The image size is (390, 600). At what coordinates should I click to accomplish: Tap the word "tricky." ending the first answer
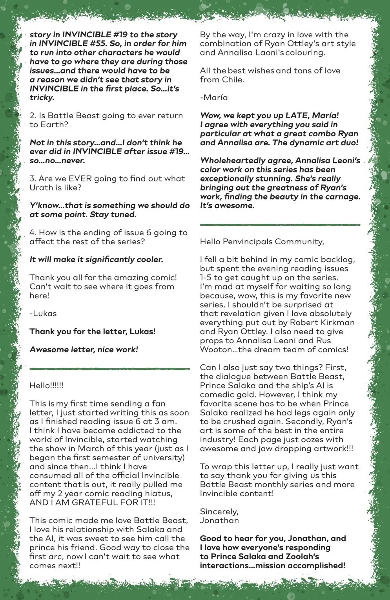42,98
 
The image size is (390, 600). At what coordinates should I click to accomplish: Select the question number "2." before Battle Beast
33,116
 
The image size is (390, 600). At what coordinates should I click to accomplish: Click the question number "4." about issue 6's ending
33,233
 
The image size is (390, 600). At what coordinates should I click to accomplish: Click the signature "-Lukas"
43,314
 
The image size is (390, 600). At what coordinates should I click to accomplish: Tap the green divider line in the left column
109,369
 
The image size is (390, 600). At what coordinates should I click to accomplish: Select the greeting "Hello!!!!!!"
46,386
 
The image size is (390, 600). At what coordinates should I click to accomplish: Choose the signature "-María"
214,98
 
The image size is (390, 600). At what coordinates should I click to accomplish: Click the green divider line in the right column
280,225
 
